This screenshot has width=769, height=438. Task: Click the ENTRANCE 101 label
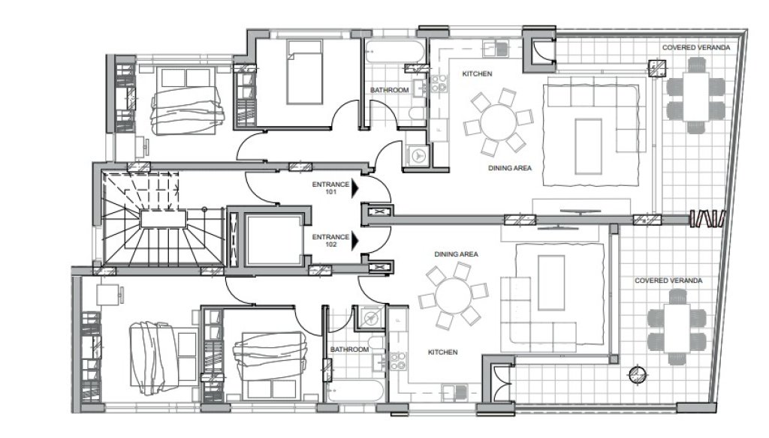point(330,188)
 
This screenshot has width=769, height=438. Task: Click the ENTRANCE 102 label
point(330,241)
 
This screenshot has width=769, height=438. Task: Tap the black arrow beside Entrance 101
point(355,188)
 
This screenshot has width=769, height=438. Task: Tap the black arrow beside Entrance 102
point(355,241)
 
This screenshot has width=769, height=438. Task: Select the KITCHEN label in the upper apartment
point(477,74)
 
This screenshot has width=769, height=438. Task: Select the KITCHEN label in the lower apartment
point(443,352)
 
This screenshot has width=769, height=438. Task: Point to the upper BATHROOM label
point(390,90)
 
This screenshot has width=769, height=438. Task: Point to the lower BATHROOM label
point(349,349)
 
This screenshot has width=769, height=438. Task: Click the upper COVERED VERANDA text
point(696,47)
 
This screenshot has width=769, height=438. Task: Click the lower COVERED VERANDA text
point(668,280)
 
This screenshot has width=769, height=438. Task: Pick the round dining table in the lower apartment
point(453,296)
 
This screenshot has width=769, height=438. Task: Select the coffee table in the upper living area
point(589,146)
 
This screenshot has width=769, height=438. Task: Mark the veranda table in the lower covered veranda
point(677,328)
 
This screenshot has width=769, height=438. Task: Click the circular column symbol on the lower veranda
point(638,375)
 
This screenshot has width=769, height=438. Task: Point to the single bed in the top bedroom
point(305,73)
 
